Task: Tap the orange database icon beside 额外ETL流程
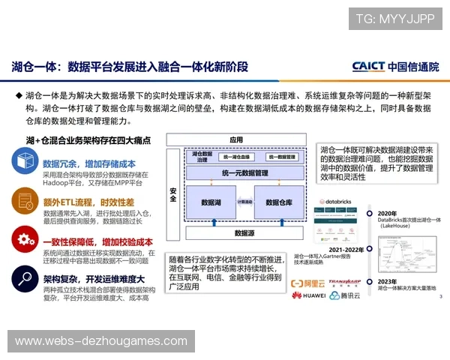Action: pyautogui.click(x=25, y=201)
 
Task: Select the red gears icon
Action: pyautogui.click(x=25, y=240)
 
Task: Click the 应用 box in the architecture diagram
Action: pyautogui.click(x=237, y=139)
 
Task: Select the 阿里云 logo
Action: pyautogui.click(x=305, y=283)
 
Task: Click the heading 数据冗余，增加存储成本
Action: pyautogui.click(x=88, y=163)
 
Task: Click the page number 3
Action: pyautogui.click(x=439, y=298)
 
